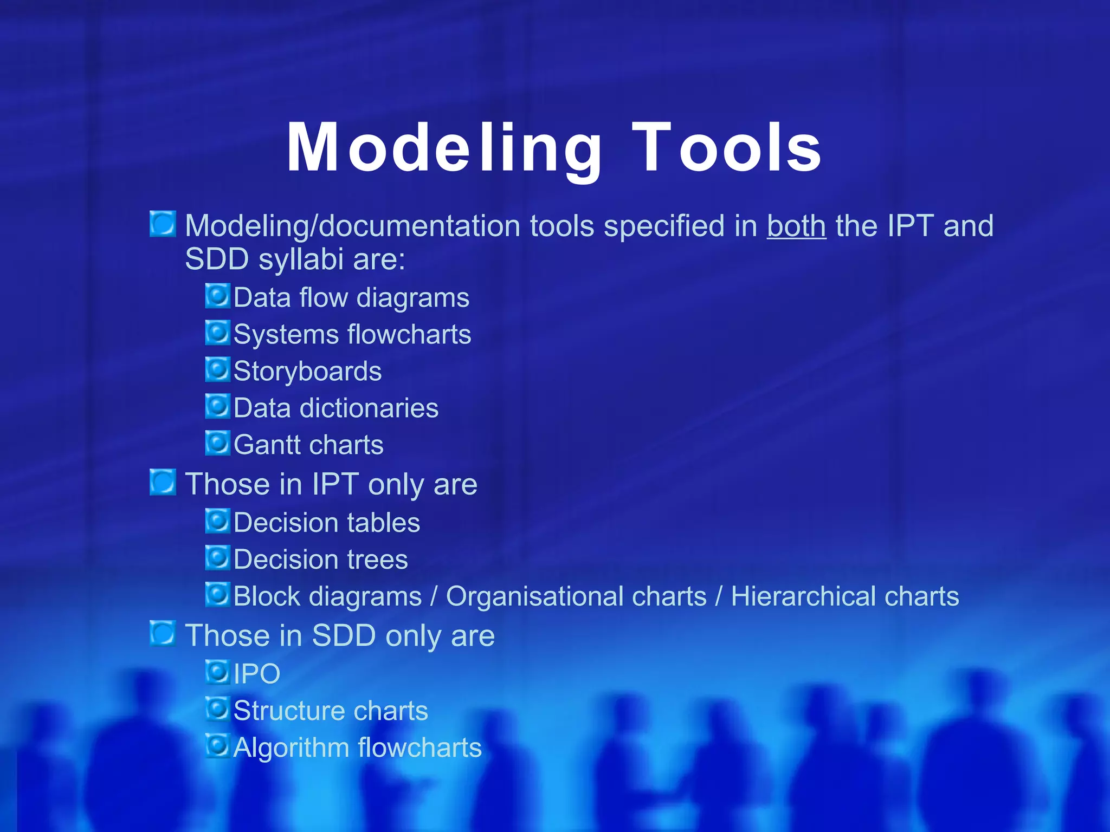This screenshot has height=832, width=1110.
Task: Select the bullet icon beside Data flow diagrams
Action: (218, 296)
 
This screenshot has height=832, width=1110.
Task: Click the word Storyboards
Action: (307, 372)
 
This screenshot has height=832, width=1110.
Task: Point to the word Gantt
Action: (266, 445)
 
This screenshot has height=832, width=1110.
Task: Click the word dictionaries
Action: (369, 408)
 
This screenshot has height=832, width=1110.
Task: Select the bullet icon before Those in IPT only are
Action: (163, 482)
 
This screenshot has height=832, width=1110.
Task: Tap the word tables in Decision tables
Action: (383, 523)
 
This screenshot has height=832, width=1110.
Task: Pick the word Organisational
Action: (576, 596)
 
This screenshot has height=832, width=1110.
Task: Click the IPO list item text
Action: (256, 674)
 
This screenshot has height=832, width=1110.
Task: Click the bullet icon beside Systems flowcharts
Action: (218, 333)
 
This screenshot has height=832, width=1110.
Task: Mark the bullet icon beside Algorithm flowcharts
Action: (218, 746)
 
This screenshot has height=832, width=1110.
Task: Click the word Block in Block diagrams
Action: (261, 596)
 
